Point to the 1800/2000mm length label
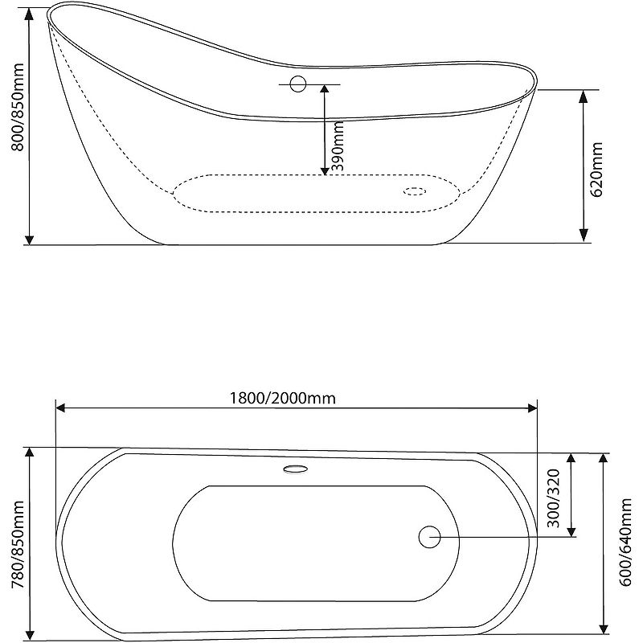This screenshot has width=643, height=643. coord(281,398)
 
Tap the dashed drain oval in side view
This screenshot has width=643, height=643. coord(415,191)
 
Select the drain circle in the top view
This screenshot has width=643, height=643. coord(429,536)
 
